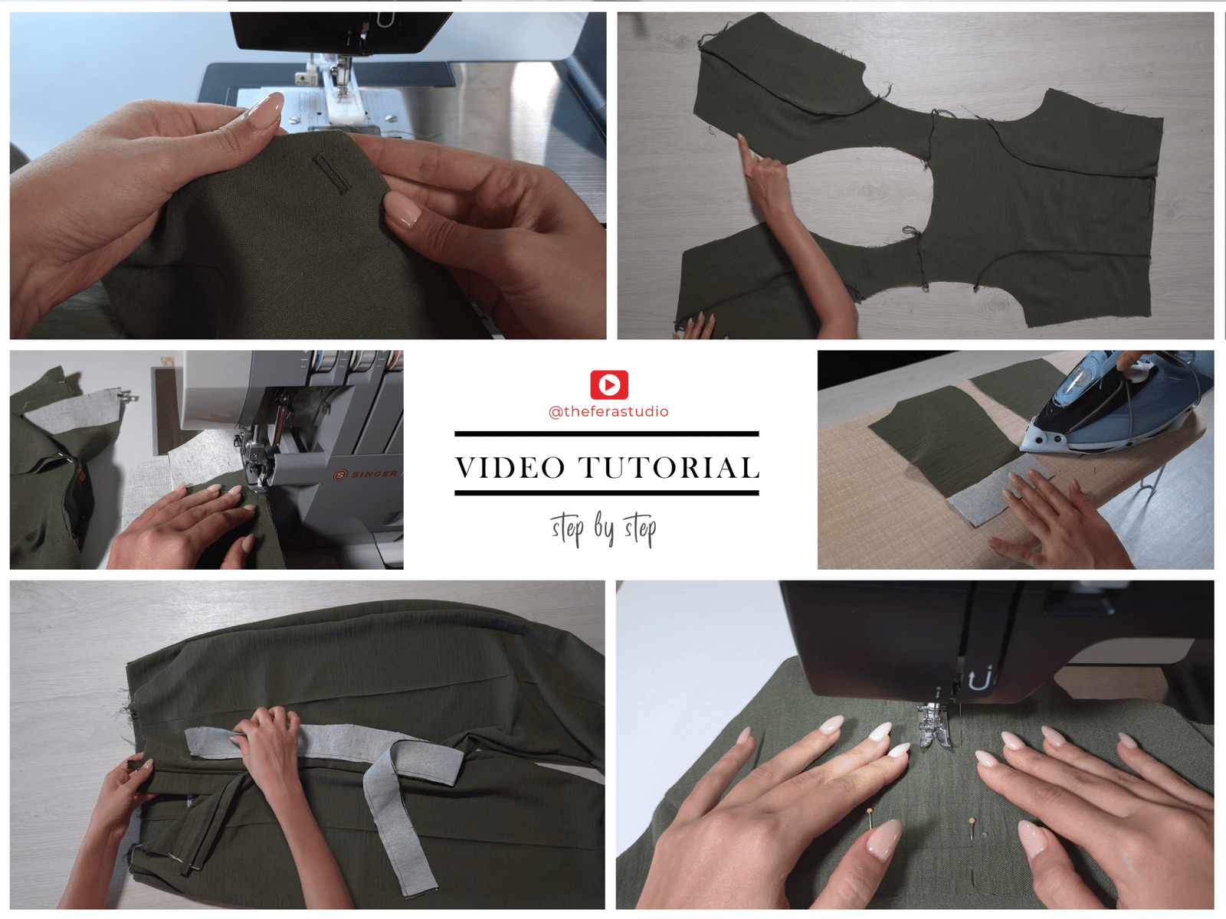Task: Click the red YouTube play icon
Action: (609, 384)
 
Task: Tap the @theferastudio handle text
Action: (608, 412)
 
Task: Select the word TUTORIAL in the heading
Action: (669, 468)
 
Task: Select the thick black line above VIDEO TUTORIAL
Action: (607, 434)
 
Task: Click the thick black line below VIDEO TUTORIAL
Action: (607, 492)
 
